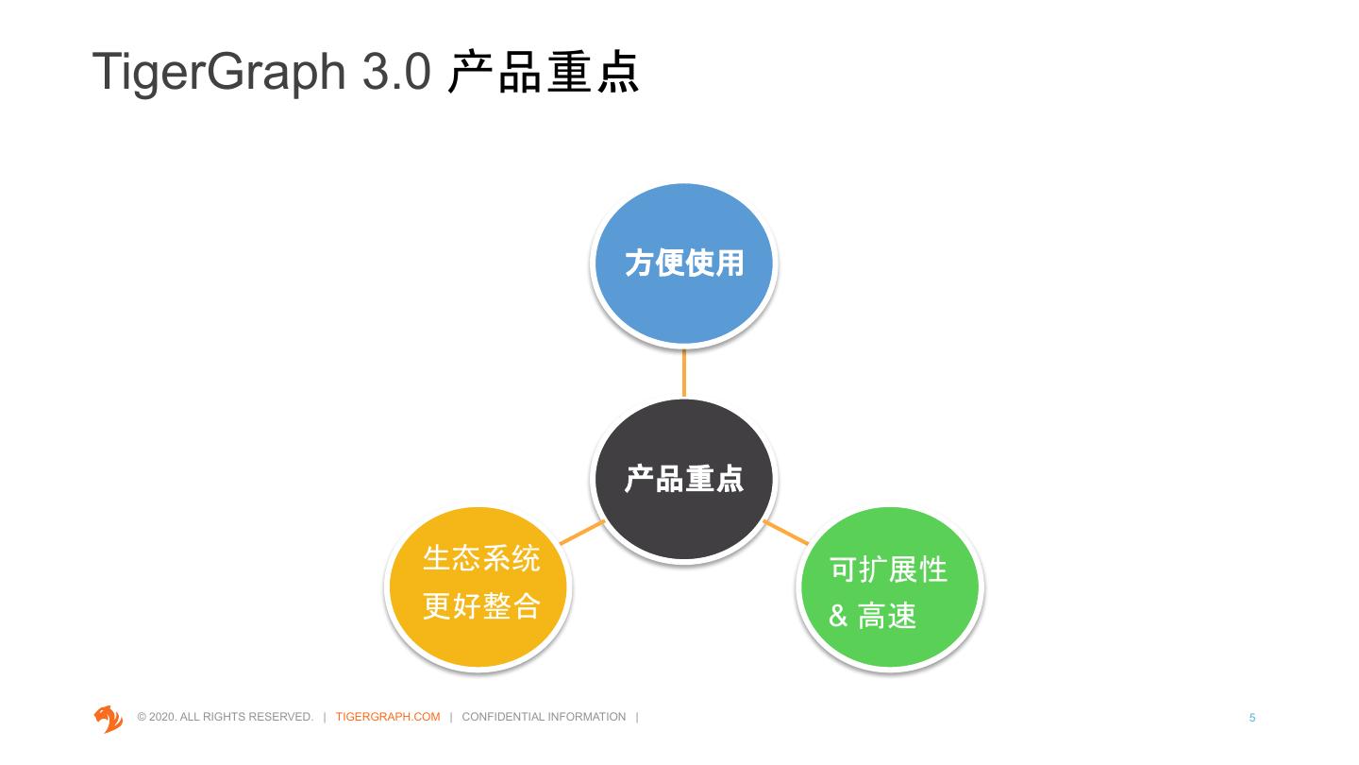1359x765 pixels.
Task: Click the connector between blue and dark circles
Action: pos(683,372)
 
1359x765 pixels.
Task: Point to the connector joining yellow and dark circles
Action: pos(582,533)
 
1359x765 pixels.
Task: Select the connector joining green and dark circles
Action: pos(785,533)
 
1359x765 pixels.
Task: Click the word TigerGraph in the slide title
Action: pos(220,72)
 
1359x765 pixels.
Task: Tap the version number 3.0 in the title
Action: pos(396,72)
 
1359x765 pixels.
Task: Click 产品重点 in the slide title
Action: pos(544,72)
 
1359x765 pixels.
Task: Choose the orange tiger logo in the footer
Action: pos(109,718)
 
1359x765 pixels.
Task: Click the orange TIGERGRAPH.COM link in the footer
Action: pos(388,717)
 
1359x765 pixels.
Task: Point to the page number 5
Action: pos(1252,718)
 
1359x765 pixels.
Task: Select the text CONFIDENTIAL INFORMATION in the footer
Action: pos(544,717)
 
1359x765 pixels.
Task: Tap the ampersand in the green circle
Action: pos(838,618)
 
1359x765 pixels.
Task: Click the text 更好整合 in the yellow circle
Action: pos(481,605)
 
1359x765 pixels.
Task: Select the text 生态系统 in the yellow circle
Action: pos(481,558)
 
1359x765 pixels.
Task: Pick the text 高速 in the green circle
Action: pos(887,618)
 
